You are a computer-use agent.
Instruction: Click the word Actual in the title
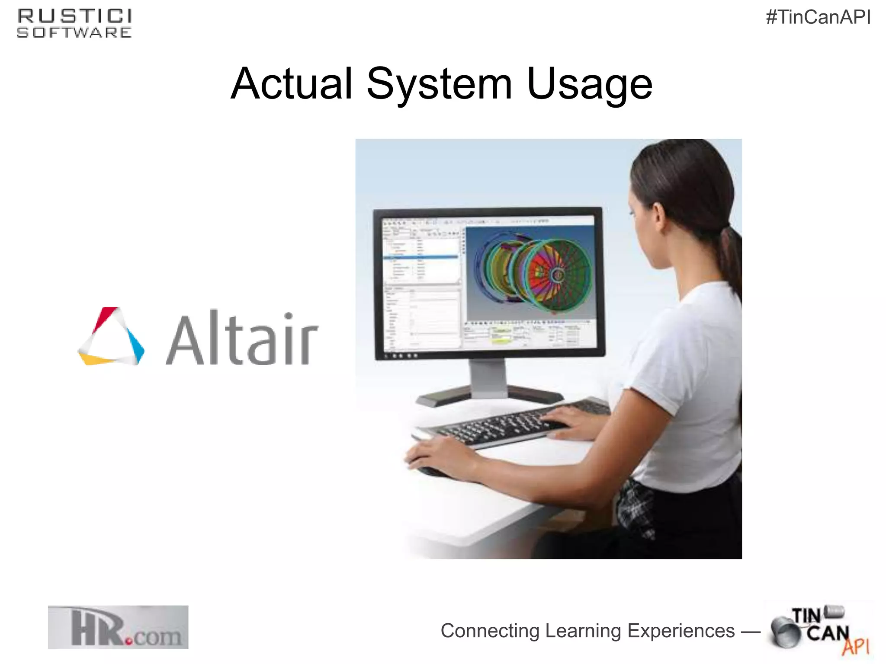(x=292, y=84)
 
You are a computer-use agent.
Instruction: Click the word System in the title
(x=439, y=84)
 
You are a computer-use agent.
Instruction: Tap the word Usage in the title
(x=589, y=84)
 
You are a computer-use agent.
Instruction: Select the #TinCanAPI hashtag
(x=818, y=18)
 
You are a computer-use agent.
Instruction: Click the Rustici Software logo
(x=74, y=24)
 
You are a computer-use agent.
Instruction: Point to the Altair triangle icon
(x=111, y=337)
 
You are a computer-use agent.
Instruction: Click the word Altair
(x=242, y=338)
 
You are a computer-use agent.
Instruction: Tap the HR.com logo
(x=118, y=627)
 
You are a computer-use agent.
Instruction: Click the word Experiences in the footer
(x=681, y=631)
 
